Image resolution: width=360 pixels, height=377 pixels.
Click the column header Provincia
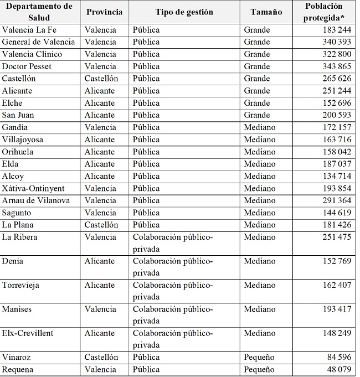coord(104,12)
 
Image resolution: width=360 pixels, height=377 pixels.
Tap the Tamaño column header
coord(266,12)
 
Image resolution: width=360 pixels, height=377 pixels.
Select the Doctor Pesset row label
coord(27,66)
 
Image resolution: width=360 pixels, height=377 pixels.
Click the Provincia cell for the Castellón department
coord(101,79)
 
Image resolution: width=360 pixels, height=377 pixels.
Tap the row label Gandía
coord(17,127)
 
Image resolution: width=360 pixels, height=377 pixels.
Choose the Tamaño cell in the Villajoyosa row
coord(259,140)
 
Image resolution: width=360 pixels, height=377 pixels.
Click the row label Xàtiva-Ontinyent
coord(33,188)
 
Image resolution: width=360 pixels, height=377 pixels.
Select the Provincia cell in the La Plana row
coord(101,225)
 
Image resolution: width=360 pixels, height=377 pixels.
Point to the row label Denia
coord(13,261)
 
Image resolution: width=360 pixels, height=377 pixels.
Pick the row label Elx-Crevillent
coord(28,333)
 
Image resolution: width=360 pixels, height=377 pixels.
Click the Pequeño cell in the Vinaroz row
coord(259,357)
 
